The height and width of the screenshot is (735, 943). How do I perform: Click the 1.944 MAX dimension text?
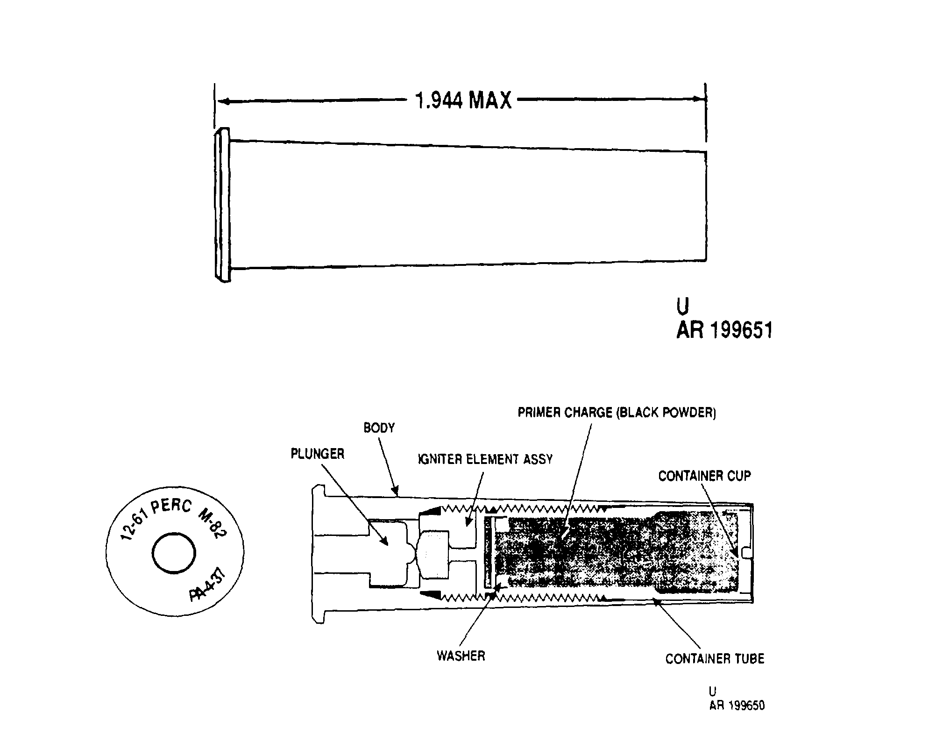463,100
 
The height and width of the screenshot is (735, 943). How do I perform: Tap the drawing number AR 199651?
724,330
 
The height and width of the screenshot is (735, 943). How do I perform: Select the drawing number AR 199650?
737,705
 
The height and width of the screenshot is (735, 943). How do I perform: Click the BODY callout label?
379,428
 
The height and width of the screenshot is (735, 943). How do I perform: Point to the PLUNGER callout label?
318,454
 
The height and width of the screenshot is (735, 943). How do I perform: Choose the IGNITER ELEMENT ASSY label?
485,459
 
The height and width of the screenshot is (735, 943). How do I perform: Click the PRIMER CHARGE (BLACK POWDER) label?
617,413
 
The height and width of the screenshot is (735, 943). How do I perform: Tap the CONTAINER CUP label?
704,476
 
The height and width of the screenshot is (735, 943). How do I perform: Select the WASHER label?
461,656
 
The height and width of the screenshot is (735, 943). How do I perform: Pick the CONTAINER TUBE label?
715,659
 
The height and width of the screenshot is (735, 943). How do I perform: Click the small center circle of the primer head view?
174,554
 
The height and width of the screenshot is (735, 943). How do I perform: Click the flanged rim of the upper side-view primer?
222,205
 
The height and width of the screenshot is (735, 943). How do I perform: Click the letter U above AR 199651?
682,306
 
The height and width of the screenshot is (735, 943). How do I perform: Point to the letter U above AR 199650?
713,691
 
